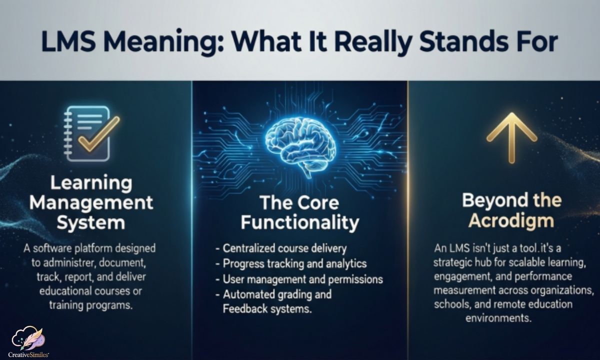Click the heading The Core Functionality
[299, 212]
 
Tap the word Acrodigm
[511, 220]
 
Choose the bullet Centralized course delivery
[284, 248]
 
